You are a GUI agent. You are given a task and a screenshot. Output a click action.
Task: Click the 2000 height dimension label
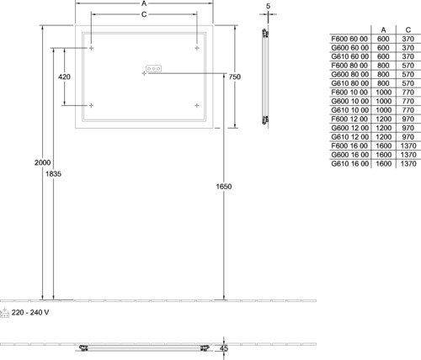(42, 162)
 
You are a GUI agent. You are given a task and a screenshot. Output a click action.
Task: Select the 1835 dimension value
(53, 174)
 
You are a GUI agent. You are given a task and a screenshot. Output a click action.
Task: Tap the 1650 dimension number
(224, 187)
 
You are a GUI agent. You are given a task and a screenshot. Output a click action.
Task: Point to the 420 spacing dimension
(64, 77)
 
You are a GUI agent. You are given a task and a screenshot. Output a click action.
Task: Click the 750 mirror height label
(235, 77)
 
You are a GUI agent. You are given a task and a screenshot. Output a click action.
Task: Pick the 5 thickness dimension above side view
(268, 6)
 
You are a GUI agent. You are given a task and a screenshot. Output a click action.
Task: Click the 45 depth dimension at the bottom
(224, 349)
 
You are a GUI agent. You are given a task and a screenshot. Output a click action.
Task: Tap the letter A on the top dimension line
(144, 3)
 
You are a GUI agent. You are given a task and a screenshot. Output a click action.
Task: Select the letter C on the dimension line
(144, 14)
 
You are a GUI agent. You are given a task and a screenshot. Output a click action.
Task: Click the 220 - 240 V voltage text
(30, 312)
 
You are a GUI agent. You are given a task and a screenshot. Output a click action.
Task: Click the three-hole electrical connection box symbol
(153, 68)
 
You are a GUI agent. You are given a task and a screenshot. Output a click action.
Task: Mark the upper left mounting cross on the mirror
(91, 48)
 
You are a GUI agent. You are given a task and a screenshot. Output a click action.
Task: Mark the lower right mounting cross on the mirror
(197, 105)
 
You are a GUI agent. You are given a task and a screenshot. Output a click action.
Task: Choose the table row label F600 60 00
(349, 39)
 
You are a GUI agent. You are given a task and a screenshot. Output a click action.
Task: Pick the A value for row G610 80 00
(383, 83)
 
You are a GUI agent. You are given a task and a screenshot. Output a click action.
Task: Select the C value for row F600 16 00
(408, 146)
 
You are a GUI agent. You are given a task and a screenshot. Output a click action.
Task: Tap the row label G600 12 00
(349, 128)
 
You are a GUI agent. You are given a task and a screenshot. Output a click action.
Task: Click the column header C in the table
(408, 30)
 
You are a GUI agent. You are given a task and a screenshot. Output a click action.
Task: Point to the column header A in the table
(383, 30)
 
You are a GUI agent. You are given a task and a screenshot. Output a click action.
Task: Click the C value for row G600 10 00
(408, 101)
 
